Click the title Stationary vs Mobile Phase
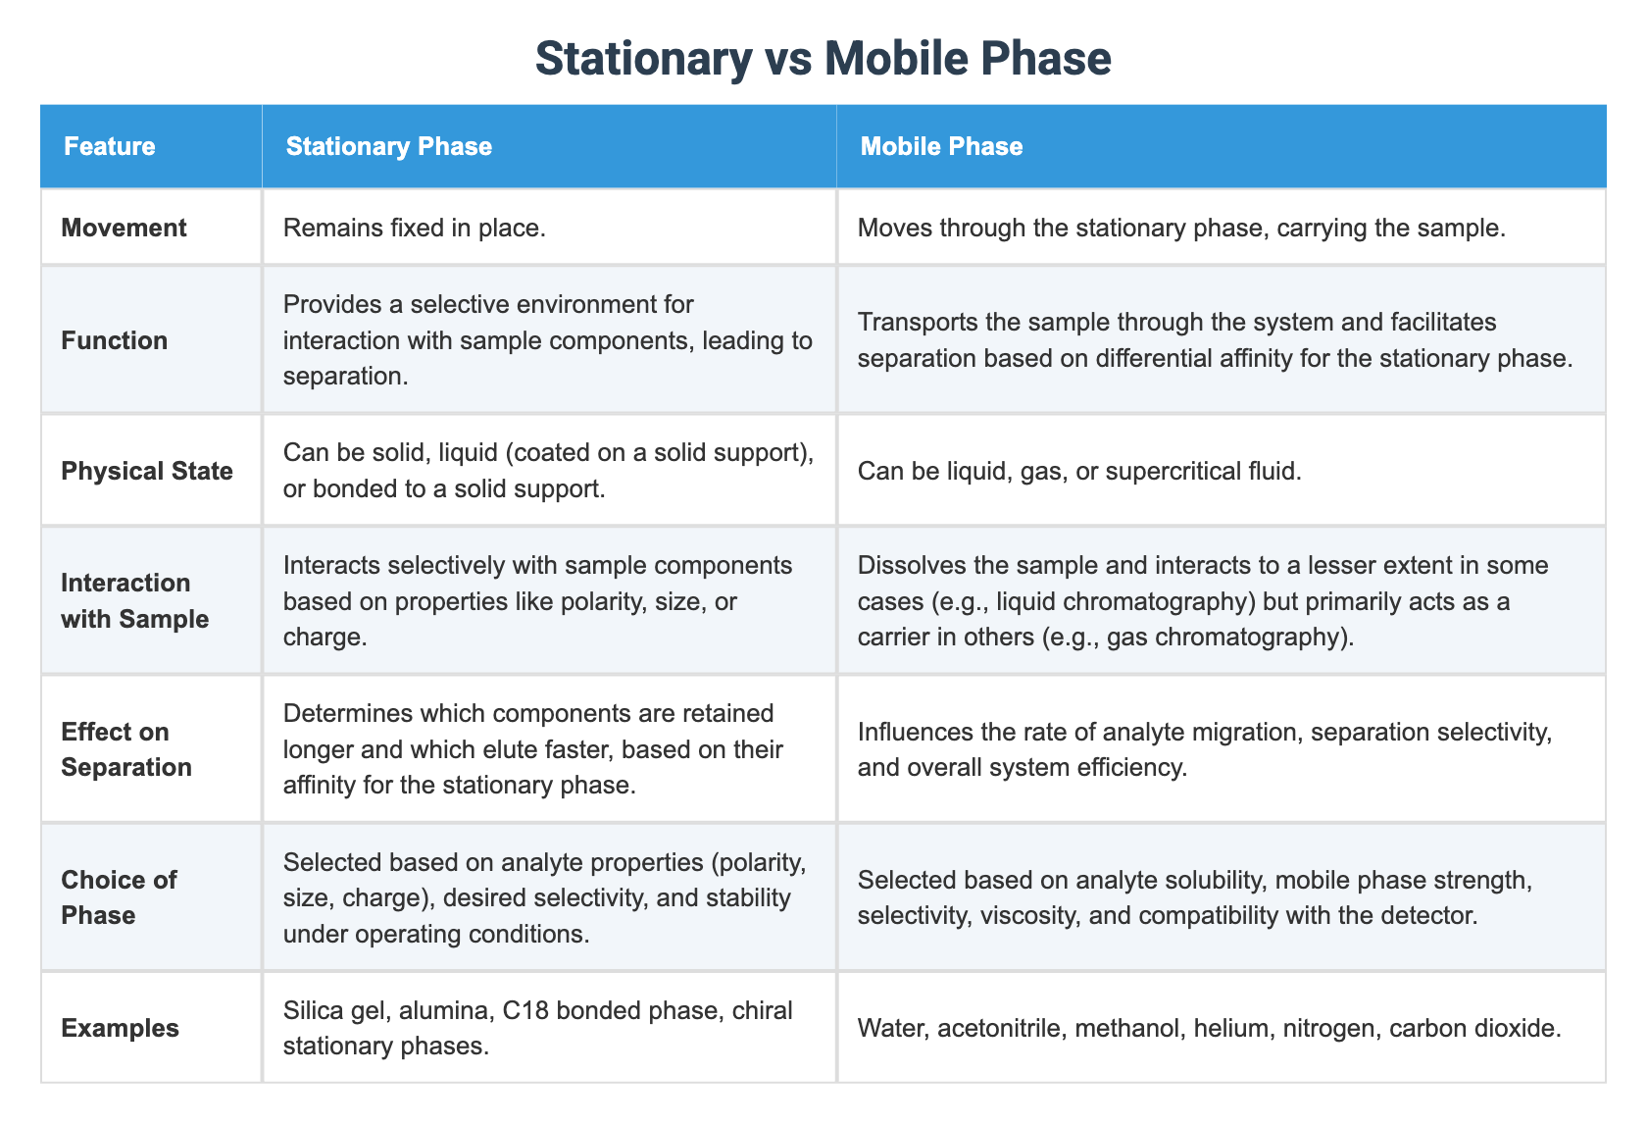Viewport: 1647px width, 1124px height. [x=823, y=59]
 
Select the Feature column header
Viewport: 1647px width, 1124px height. [x=109, y=146]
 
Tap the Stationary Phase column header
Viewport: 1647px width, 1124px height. [x=388, y=146]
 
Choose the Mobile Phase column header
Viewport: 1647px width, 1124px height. [x=941, y=146]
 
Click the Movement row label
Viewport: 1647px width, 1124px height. [x=124, y=228]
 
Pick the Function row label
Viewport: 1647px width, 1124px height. [x=114, y=340]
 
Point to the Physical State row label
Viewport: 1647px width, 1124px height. [x=147, y=471]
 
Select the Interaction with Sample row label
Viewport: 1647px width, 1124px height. [x=134, y=600]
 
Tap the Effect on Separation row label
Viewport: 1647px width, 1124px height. [x=126, y=749]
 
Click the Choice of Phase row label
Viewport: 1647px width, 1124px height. [x=119, y=897]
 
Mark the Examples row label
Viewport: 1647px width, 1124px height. [x=120, y=1028]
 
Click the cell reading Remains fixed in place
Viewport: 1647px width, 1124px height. [x=413, y=228]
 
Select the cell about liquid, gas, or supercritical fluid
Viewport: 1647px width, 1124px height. [x=1078, y=471]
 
